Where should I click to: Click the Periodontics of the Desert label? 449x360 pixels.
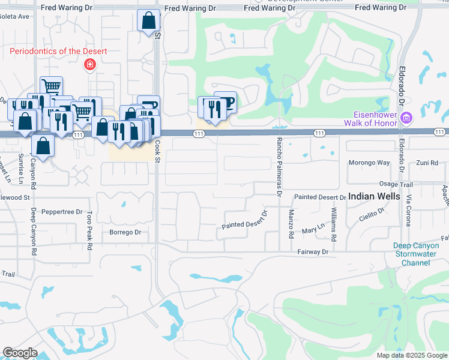click(x=58, y=51)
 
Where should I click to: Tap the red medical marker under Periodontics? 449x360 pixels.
click(x=90, y=64)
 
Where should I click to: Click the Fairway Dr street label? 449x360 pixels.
click(x=313, y=252)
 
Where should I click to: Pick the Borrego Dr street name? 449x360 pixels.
click(x=125, y=232)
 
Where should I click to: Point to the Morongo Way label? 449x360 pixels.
click(x=369, y=163)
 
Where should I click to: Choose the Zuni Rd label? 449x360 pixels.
click(x=427, y=163)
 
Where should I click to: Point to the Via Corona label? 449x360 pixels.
click(x=408, y=210)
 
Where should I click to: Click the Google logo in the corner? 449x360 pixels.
click(x=20, y=353)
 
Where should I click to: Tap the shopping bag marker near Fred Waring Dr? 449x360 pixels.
click(x=148, y=21)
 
